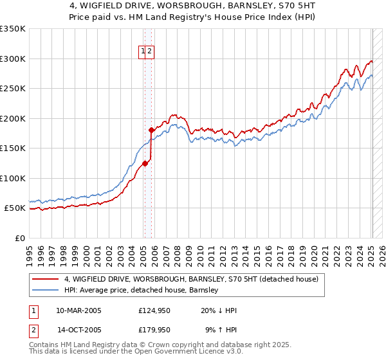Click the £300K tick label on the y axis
(x=13, y=59)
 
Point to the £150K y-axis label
(x=13, y=148)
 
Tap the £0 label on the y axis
(x=19, y=238)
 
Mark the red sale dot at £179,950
(x=151, y=130)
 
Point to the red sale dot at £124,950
(x=145, y=163)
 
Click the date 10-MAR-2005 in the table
(x=78, y=310)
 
